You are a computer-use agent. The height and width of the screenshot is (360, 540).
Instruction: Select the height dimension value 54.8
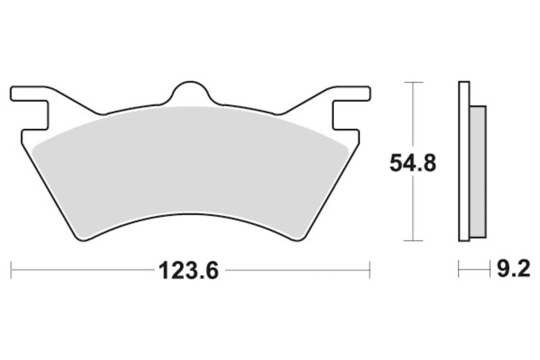411,163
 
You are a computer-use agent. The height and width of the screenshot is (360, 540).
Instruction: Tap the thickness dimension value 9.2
513,272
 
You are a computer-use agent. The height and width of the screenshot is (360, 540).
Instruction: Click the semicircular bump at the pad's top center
190,93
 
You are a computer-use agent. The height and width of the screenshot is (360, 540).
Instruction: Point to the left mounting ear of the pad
27,94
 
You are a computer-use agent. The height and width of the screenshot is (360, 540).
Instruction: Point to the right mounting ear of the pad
353,94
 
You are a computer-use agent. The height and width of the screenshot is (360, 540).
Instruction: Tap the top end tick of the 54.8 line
412,82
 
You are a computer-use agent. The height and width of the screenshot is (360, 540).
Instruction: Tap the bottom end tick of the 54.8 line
412,240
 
